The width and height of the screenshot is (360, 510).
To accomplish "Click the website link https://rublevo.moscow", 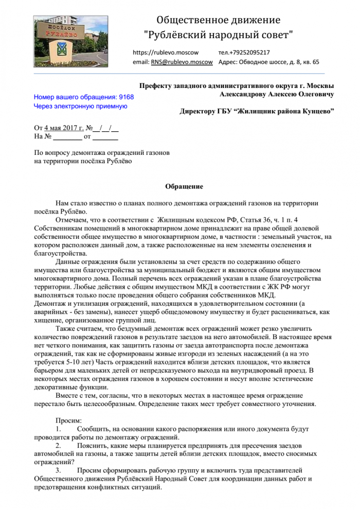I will [165, 52].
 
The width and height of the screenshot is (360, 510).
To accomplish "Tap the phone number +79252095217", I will [244, 52].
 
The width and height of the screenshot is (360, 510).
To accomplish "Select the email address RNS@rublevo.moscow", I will [182, 62].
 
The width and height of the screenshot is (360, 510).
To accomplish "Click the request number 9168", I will [126, 97].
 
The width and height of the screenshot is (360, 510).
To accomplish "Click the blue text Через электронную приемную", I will [80, 106].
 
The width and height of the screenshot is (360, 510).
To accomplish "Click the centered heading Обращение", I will [184, 186].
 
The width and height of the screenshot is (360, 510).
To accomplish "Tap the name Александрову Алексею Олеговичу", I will [277, 94].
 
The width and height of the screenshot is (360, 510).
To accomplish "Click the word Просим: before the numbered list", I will [68, 420].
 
